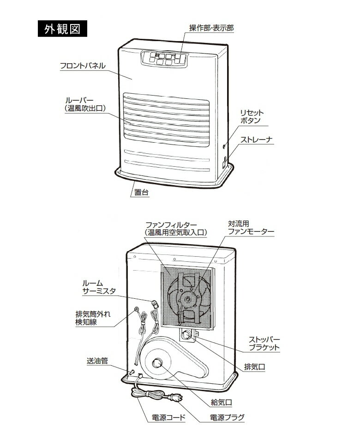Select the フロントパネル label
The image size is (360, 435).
(83, 66)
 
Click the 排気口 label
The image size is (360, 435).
(255, 368)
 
